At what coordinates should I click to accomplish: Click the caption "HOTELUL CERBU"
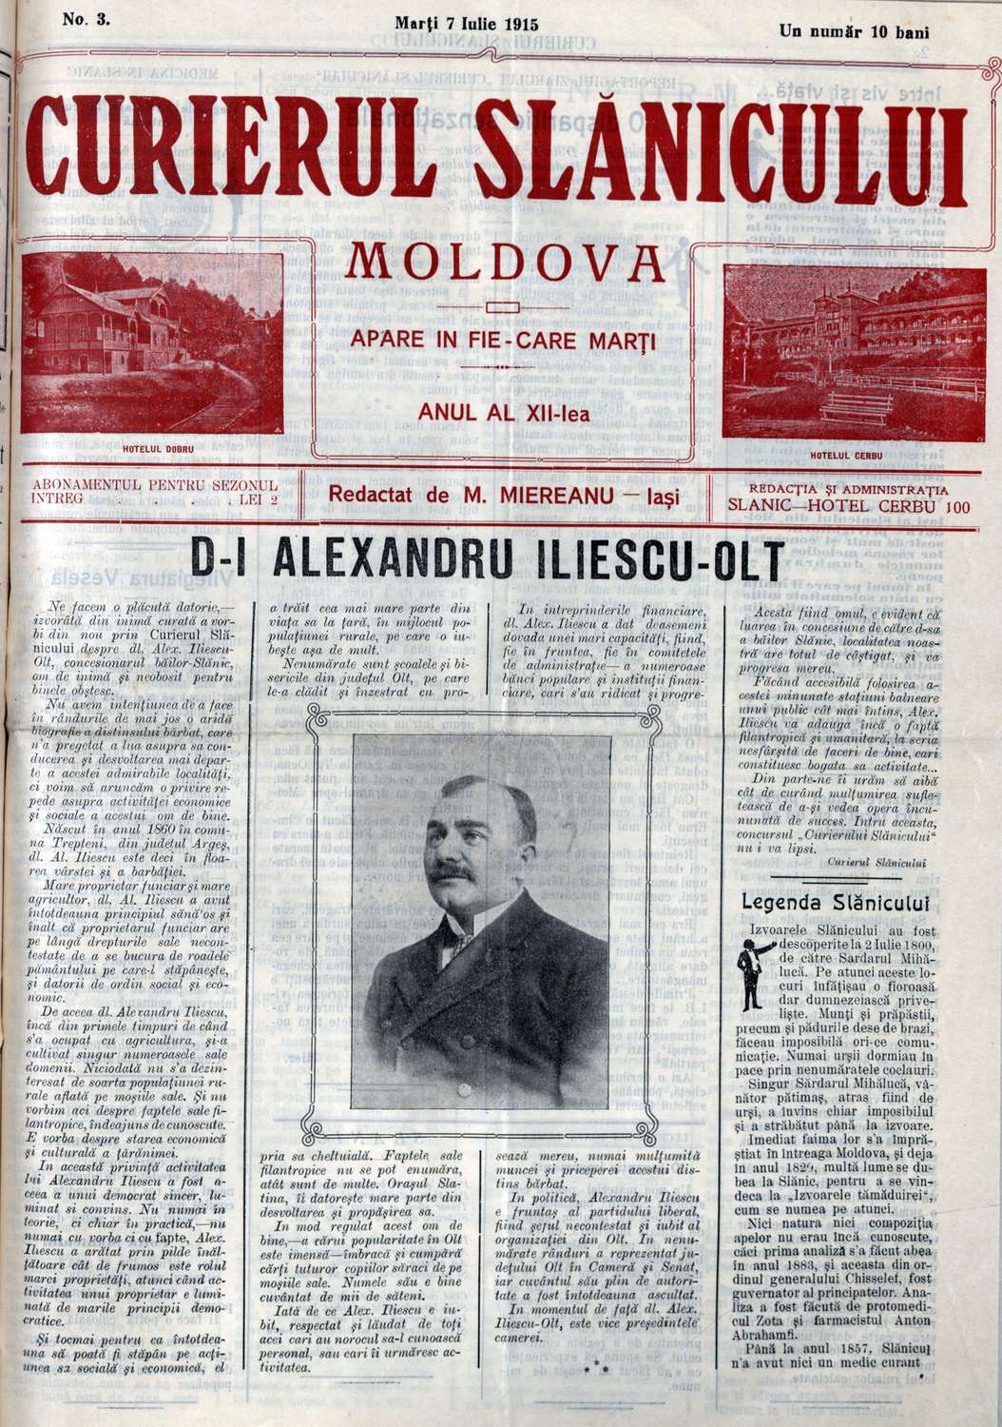(x=846, y=455)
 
